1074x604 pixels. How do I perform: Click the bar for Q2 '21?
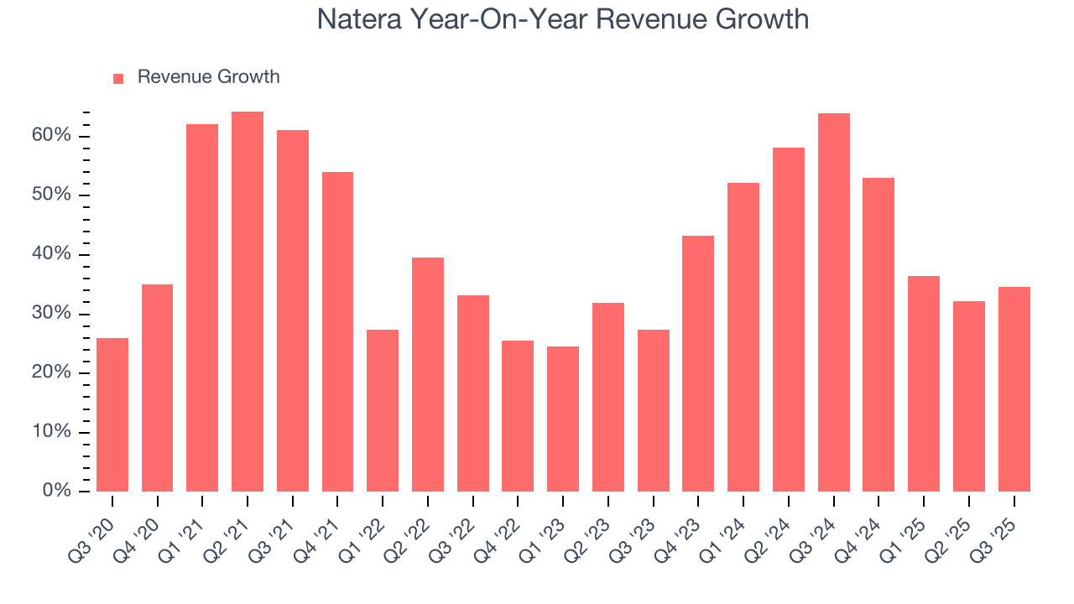tap(248, 302)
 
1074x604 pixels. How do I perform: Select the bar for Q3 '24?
tap(834, 302)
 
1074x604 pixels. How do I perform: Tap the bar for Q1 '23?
tap(563, 419)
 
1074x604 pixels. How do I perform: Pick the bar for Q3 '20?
tap(112, 414)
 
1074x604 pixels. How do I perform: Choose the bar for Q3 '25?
tap(1014, 389)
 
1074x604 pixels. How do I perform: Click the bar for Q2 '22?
tap(428, 374)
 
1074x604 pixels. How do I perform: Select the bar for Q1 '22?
tap(383, 410)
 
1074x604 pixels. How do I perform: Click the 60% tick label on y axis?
tap(52, 136)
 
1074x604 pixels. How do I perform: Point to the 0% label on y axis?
tap(57, 491)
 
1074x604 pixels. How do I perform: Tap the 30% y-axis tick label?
tap(52, 314)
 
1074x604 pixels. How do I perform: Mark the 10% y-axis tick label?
tap(52, 432)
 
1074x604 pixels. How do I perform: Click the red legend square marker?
tap(118, 78)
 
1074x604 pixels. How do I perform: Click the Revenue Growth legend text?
tap(208, 77)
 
